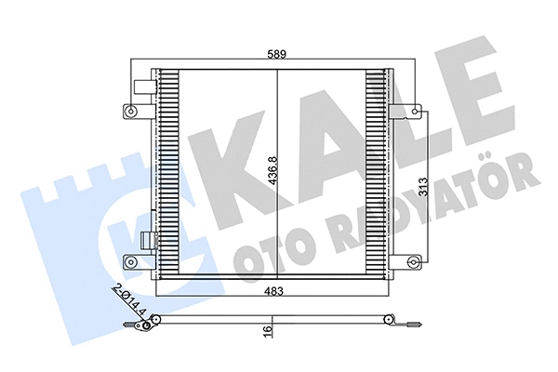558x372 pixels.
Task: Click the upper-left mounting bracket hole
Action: [x=129, y=112]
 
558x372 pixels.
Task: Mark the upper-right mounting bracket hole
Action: [x=410, y=112]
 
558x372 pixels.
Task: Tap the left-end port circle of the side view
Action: [x=156, y=323]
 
